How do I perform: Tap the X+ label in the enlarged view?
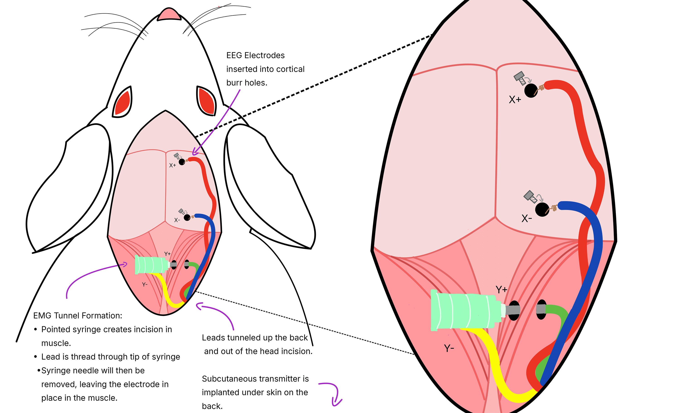pyautogui.click(x=515, y=100)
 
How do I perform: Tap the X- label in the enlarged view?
pyautogui.click(x=527, y=219)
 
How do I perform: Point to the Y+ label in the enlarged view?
pyautogui.click(x=501, y=290)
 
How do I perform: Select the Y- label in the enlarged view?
pyautogui.click(x=449, y=348)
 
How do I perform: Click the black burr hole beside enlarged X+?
pyautogui.click(x=531, y=90)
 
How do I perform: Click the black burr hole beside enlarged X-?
pyautogui.click(x=542, y=210)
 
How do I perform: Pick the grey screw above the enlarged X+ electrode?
pyautogui.click(x=520, y=78)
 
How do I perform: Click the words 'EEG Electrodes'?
pyautogui.click(x=255, y=56)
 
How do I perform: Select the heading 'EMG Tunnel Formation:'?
pyautogui.click(x=78, y=315)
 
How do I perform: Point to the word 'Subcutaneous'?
pyautogui.click(x=227, y=379)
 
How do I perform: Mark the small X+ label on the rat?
pyautogui.click(x=172, y=165)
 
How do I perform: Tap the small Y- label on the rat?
pyautogui.click(x=145, y=284)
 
